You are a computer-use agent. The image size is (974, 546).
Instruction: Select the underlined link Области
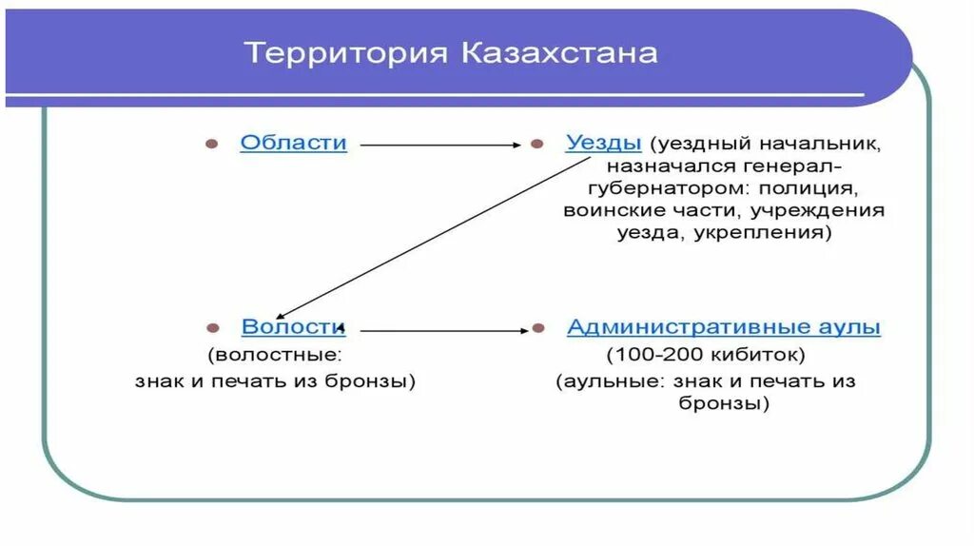click(293, 143)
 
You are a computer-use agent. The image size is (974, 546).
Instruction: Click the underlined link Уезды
click(603, 143)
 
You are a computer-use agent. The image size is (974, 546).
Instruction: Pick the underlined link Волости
click(293, 327)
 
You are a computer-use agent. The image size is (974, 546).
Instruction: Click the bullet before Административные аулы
click(538, 328)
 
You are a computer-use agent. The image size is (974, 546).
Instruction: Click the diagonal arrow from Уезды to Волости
click(428, 238)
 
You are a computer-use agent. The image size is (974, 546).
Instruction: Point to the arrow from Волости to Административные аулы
click(443, 330)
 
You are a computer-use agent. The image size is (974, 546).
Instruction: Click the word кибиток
click(751, 356)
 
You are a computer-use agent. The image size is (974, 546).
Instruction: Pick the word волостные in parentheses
click(276, 356)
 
